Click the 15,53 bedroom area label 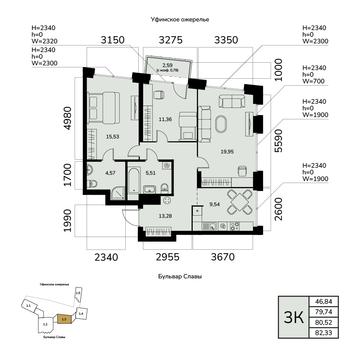coord(113,137)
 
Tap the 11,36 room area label coord(165,119)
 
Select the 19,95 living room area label coord(227,152)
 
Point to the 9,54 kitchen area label coord(214,204)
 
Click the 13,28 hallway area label coord(165,216)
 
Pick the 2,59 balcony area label coord(167,65)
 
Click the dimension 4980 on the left coord(68,118)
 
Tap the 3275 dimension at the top coord(171,40)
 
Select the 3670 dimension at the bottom coord(223,257)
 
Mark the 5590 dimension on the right coord(278,141)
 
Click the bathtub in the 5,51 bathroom coord(134,180)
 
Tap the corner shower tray coord(118,193)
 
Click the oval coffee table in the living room coord(221,124)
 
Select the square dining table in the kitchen coord(240,202)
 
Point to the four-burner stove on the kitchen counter coord(234,226)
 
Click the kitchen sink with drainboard coord(209,226)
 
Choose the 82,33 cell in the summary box coord(323,333)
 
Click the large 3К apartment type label coord(294,317)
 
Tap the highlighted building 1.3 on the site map coord(64,319)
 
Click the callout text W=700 coord(313,81)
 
